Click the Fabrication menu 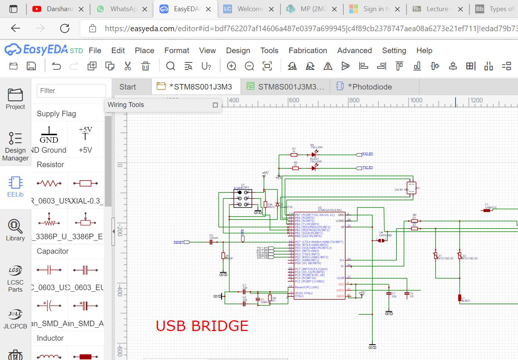[x=308, y=51]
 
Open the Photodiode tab [x=369, y=87]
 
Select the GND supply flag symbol [x=49, y=135]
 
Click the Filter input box [x=71, y=91]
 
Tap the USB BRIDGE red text [x=202, y=326]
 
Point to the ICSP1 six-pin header [x=243, y=198]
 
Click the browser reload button [x=65, y=28]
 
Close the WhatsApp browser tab [x=145, y=9]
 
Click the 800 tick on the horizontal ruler [x=354, y=100]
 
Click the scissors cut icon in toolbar [x=128, y=66]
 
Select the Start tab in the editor [x=128, y=87]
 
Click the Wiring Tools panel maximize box [x=215, y=105]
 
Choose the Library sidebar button [x=15, y=230]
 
